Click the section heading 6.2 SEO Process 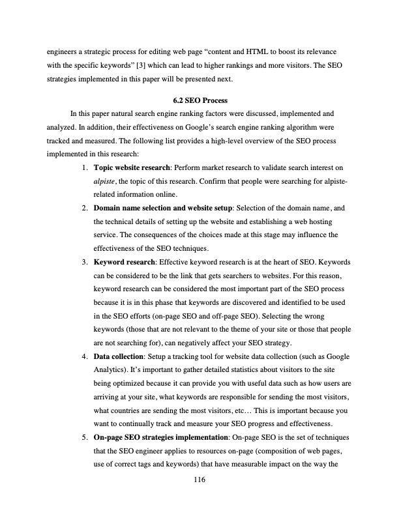[x=199, y=101]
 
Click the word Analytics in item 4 [x=110, y=370]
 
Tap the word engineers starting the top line [x=63, y=50]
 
